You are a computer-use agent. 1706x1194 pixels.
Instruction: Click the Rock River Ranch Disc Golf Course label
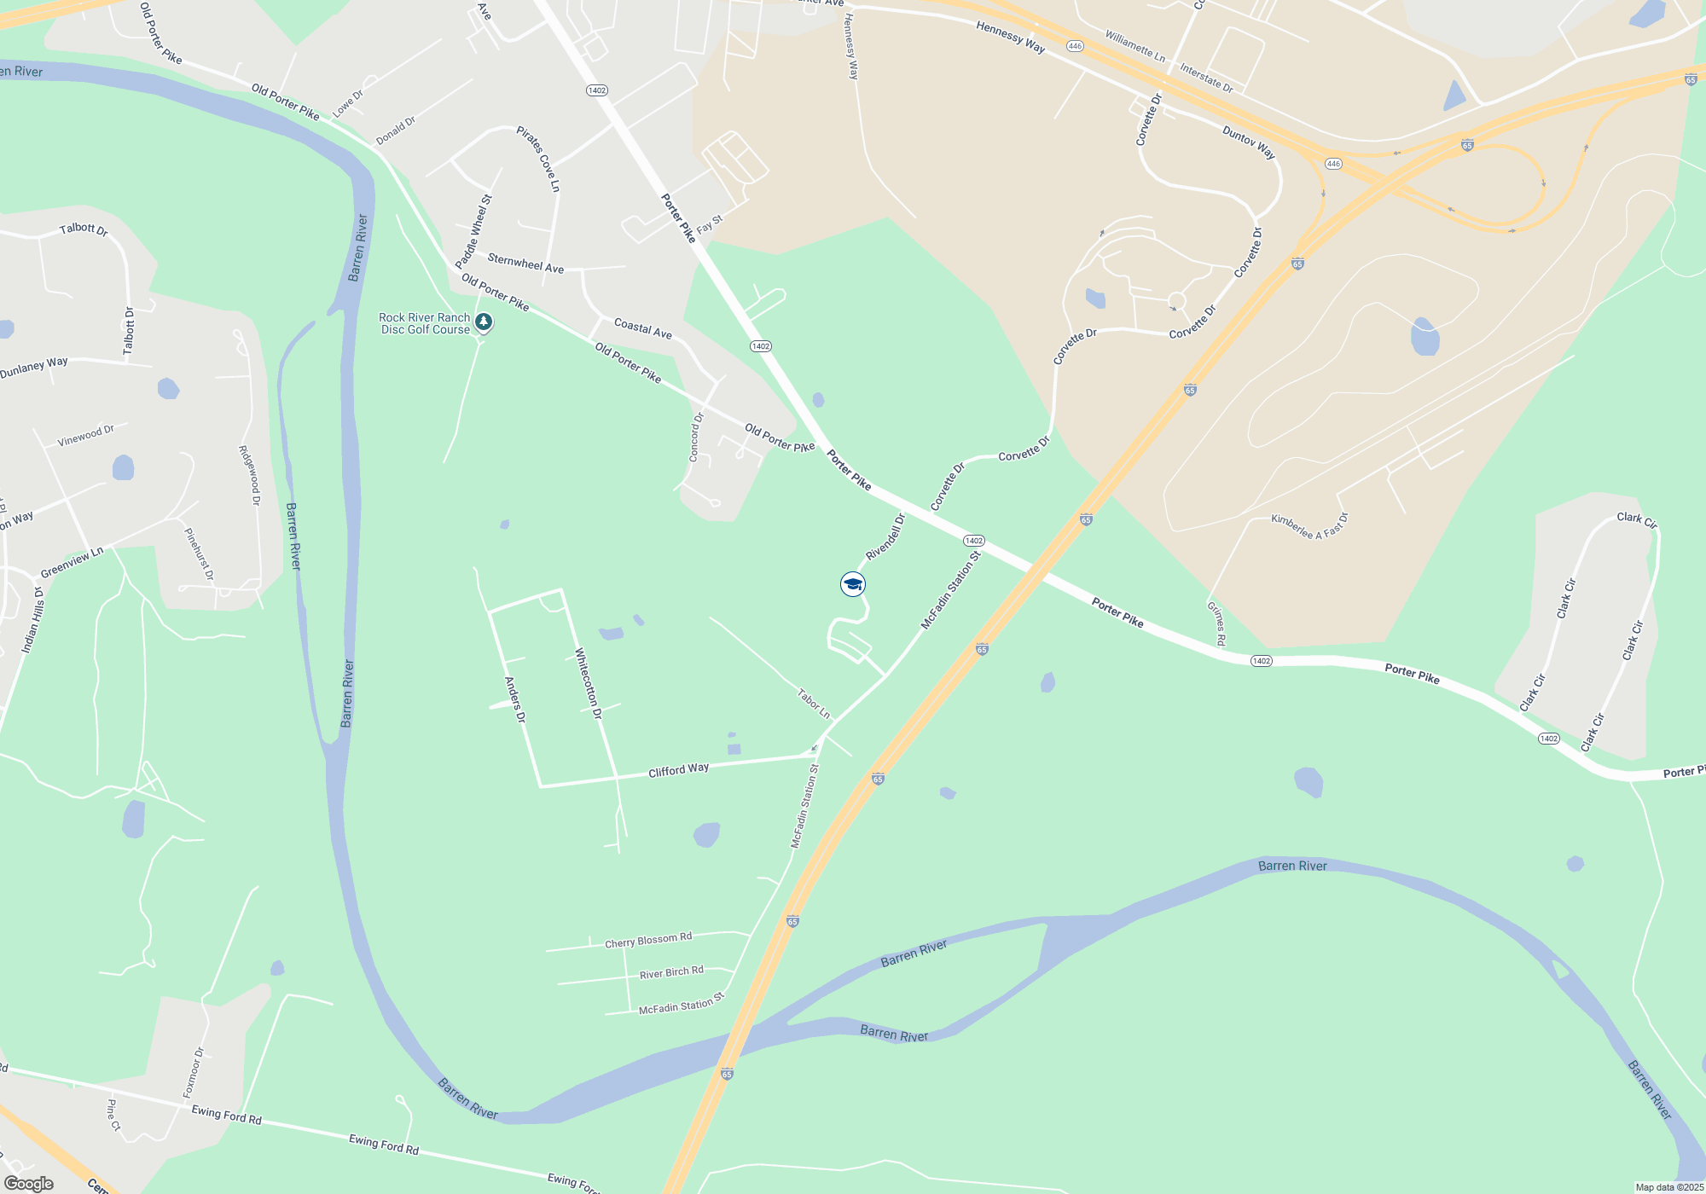[x=425, y=323]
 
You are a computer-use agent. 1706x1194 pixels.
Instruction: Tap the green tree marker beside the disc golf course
[x=484, y=322]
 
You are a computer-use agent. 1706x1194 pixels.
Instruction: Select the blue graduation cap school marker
[x=853, y=584]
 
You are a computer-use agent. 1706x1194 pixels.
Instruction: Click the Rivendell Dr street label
[x=885, y=536]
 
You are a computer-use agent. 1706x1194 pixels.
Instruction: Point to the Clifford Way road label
[x=678, y=770]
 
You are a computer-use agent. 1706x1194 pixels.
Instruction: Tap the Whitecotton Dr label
[x=589, y=683]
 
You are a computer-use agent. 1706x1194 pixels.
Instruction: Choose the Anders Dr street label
[x=514, y=699]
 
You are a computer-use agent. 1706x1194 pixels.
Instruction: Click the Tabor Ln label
[x=814, y=704]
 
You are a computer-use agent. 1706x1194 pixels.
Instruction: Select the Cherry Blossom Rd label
[x=648, y=941]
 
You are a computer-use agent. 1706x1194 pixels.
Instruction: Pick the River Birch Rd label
[x=671, y=973]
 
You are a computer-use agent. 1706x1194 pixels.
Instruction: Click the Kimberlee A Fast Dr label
[x=1309, y=525]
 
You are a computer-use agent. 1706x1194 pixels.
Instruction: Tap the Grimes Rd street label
[x=1216, y=623]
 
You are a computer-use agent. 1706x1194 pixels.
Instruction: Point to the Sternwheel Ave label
[x=525, y=263]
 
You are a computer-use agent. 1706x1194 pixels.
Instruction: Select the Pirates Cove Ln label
[x=538, y=159]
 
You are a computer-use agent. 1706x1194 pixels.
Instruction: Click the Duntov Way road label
[x=1249, y=142]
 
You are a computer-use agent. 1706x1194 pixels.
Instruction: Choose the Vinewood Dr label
[x=85, y=436]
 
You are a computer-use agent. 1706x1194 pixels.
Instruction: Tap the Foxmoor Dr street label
[x=194, y=1072]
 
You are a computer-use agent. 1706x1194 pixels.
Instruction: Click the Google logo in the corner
[x=29, y=1184]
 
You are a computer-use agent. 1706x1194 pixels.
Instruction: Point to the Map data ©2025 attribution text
[x=1669, y=1187]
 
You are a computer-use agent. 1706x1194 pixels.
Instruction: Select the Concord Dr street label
[x=696, y=438]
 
